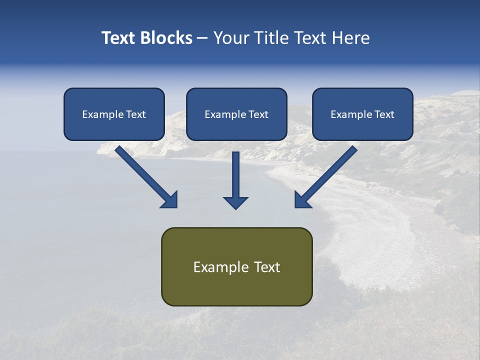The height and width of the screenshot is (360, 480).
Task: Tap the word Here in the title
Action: click(349, 38)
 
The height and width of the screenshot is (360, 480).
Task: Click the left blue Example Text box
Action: click(114, 114)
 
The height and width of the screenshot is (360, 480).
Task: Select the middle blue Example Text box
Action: click(236, 114)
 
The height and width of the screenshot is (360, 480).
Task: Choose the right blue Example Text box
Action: click(362, 114)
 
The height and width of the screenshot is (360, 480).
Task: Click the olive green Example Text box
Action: click(236, 266)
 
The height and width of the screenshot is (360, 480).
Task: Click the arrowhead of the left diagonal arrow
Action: click(170, 200)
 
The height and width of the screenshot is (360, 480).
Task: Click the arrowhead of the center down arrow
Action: click(235, 202)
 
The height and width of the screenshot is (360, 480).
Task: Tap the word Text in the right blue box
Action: click(384, 114)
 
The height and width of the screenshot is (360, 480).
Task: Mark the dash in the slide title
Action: click(202, 38)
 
